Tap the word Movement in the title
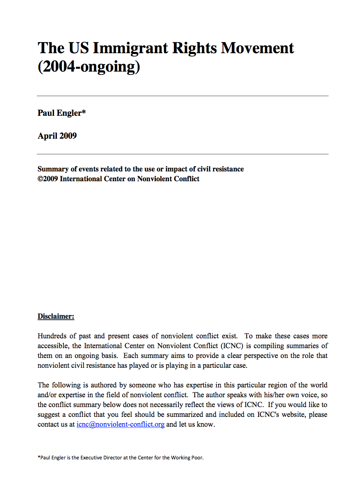tap(257, 48)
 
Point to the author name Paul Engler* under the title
tap(62, 113)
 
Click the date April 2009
tap(57, 136)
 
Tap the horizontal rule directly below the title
tap(182, 96)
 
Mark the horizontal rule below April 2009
tap(182, 154)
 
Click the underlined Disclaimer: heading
tap(56, 316)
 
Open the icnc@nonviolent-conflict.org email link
tap(120, 424)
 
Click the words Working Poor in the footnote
tap(187, 457)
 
